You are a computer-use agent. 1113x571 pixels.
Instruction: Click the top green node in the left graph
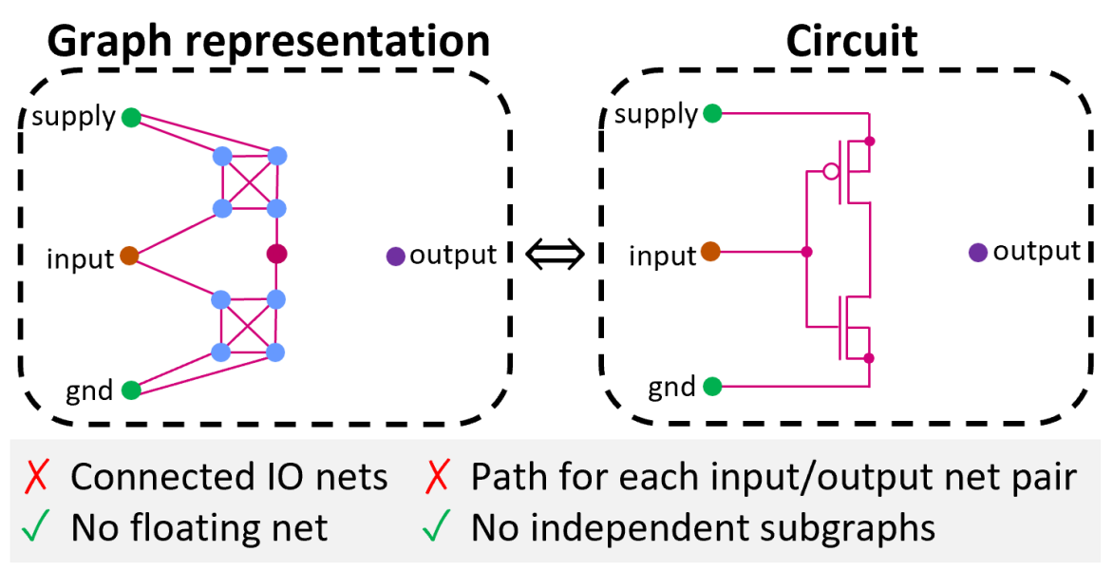point(131,118)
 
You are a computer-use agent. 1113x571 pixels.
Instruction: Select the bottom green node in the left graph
point(131,390)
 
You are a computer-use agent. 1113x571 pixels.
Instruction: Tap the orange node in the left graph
point(129,256)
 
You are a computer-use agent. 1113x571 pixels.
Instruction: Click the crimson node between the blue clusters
point(276,254)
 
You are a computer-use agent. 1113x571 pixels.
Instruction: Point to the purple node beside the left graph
point(396,256)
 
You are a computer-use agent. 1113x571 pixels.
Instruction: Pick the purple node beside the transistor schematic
point(978,253)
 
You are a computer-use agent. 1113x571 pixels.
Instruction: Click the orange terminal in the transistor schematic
point(710,252)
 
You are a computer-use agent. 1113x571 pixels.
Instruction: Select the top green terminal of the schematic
point(712,114)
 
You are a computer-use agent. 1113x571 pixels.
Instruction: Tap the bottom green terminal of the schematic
point(712,387)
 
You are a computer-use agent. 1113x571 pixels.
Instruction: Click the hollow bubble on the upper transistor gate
point(831,172)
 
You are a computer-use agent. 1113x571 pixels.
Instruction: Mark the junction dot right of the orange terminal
point(806,252)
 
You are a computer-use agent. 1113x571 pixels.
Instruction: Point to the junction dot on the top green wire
point(869,142)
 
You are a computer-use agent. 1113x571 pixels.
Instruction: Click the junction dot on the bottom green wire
point(869,358)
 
